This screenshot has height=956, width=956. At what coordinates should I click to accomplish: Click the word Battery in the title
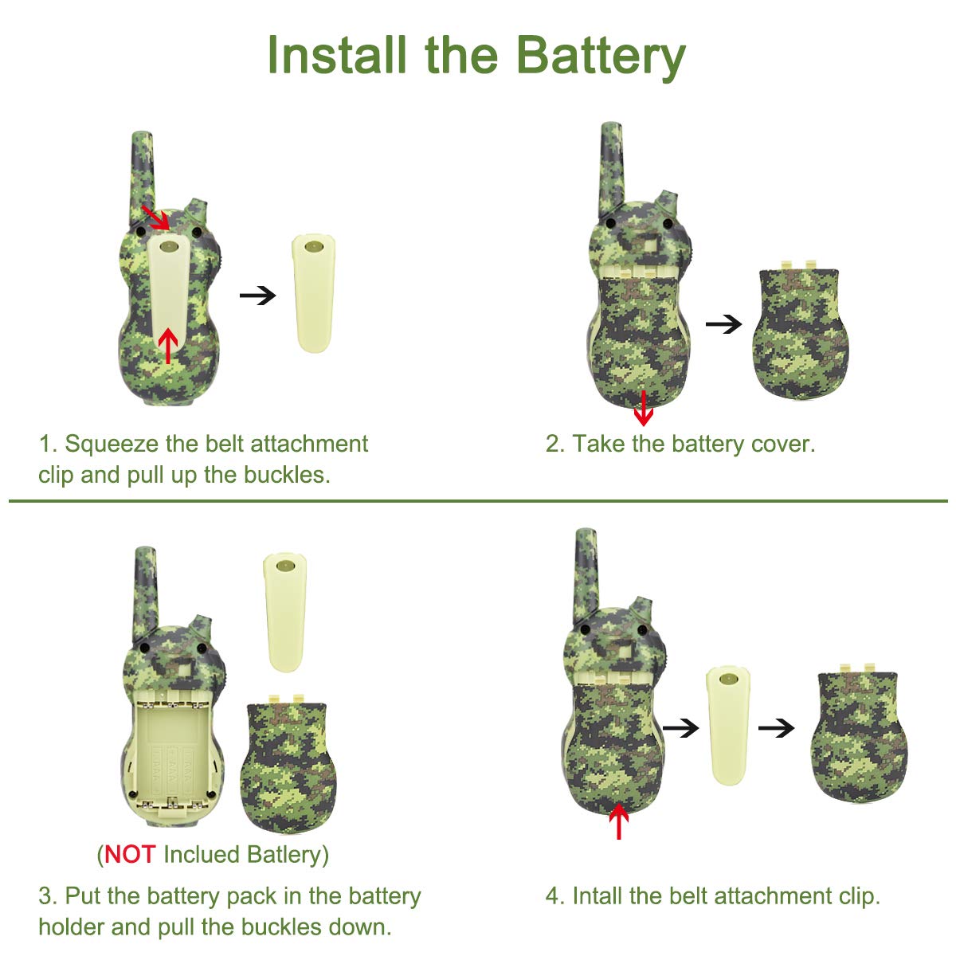(601, 57)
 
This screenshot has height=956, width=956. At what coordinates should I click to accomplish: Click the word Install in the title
(337, 55)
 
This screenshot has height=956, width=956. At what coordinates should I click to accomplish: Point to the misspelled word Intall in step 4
(597, 895)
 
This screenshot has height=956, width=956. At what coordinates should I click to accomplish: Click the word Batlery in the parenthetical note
(284, 856)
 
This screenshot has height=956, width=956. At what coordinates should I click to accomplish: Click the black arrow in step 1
(257, 296)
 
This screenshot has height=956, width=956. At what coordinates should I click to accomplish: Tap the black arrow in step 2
(723, 324)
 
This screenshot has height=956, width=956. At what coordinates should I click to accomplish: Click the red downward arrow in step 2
(644, 408)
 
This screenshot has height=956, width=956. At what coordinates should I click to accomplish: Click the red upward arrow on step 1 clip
(168, 346)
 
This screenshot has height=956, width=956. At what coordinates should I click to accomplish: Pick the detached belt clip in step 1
(314, 294)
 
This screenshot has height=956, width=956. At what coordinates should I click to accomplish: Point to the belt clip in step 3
(285, 613)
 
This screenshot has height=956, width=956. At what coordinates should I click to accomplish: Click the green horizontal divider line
(478, 501)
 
